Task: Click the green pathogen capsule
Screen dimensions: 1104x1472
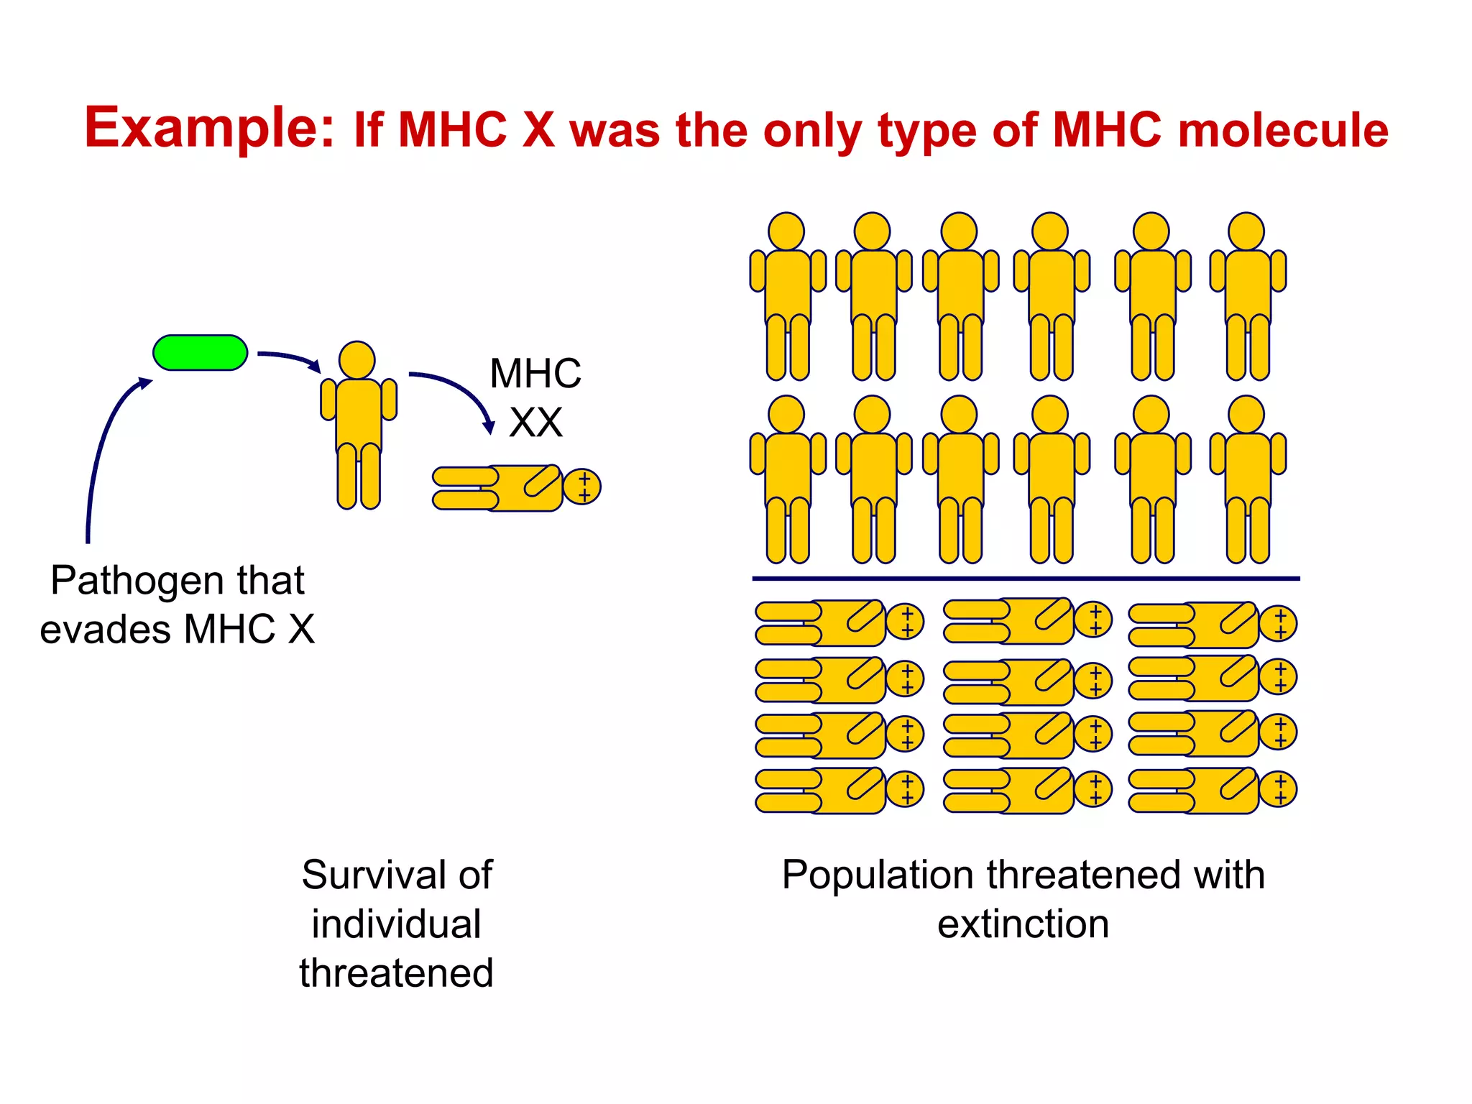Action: pos(200,353)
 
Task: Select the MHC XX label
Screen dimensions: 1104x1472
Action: pos(535,397)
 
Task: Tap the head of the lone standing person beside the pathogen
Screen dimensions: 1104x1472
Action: pos(357,360)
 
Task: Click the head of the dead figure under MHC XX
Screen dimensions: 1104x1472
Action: pos(582,487)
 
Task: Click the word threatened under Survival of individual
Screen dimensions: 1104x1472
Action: pos(397,973)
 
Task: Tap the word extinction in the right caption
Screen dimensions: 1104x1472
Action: pos(1023,924)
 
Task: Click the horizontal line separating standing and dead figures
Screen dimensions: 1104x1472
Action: pos(1026,578)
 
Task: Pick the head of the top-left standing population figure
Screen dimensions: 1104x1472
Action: pos(786,231)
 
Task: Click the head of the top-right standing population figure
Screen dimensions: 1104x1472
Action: pos(1246,231)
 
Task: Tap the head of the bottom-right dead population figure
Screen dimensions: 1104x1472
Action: pos(1279,789)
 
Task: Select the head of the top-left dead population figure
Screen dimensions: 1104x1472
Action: pos(906,622)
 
